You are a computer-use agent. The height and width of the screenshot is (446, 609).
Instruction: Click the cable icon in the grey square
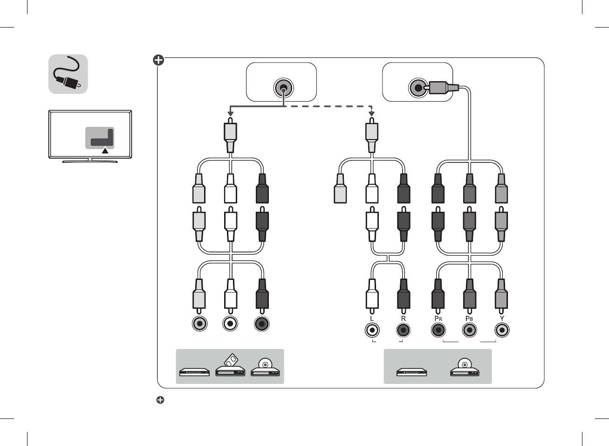(x=68, y=74)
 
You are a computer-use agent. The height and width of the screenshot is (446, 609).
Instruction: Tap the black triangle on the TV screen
(x=105, y=150)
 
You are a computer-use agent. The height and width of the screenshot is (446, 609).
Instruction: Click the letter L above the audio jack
(x=372, y=319)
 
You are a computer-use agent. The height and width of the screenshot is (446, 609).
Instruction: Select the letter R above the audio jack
(x=404, y=319)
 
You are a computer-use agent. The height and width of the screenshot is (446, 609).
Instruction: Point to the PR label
(x=438, y=319)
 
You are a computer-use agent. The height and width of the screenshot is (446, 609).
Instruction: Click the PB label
(x=469, y=319)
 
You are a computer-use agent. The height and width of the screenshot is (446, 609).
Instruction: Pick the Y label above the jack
(x=502, y=319)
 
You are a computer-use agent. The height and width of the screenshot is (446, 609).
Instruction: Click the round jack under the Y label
(x=502, y=330)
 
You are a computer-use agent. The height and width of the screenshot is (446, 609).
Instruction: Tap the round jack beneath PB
(x=470, y=330)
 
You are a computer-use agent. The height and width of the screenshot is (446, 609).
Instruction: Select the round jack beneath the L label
(x=372, y=330)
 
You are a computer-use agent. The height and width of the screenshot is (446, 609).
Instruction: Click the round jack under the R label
(x=404, y=330)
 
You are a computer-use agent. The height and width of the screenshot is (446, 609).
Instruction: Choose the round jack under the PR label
(x=438, y=330)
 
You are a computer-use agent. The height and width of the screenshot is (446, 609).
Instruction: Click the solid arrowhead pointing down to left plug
(x=230, y=113)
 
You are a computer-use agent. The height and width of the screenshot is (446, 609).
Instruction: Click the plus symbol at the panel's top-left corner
(x=158, y=60)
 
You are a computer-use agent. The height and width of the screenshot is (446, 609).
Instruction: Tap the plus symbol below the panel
(x=160, y=400)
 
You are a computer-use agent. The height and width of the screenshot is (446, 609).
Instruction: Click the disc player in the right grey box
(x=465, y=368)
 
